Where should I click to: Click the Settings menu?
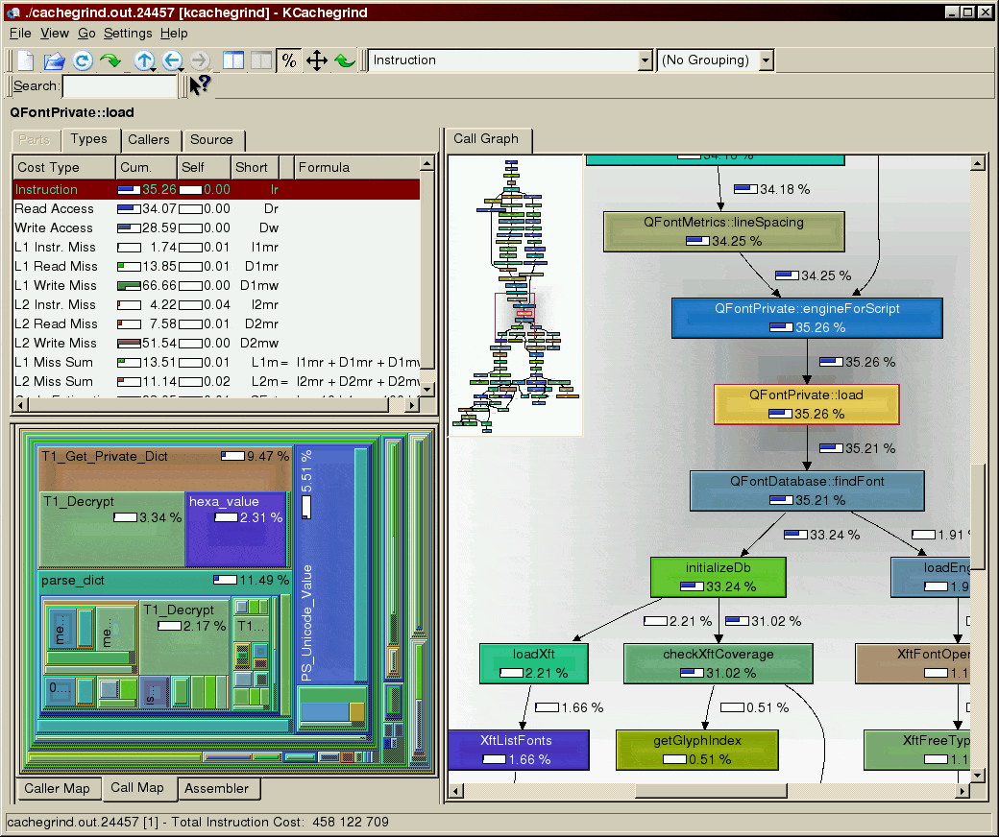(x=128, y=33)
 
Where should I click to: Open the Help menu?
(x=174, y=33)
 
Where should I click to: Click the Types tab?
(x=89, y=139)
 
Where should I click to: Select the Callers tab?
(x=149, y=140)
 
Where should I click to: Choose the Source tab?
(x=211, y=140)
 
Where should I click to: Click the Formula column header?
(x=324, y=167)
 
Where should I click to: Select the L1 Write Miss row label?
(x=56, y=285)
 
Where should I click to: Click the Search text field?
(x=120, y=86)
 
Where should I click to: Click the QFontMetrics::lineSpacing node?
(x=724, y=231)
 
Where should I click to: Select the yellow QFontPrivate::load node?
(x=807, y=404)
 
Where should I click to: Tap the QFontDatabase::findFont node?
(x=807, y=490)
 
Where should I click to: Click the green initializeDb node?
(x=718, y=576)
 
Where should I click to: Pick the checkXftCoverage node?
(x=719, y=663)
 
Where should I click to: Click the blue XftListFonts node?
(x=518, y=750)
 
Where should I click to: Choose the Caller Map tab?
(x=58, y=789)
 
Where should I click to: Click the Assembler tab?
(x=217, y=789)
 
